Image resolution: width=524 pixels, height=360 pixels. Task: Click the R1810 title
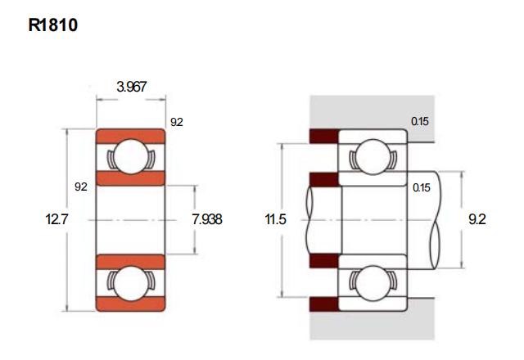tap(52, 25)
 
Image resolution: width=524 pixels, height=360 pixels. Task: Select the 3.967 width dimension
tap(131, 87)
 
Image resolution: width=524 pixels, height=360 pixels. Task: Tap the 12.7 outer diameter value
tap(56, 219)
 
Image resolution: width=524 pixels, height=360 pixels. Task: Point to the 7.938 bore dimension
tap(207, 219)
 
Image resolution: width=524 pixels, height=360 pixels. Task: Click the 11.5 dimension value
tap(275, 219)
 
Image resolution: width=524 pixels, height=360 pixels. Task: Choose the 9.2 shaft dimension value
tap(477, 219)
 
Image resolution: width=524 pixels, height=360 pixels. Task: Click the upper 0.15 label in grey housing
tap(420, 121)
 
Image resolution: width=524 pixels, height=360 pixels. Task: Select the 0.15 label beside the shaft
tap(422, 187)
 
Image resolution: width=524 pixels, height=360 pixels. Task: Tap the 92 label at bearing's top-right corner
tap(177, 122)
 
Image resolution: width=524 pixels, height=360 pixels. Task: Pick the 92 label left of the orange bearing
tap(81, 187)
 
